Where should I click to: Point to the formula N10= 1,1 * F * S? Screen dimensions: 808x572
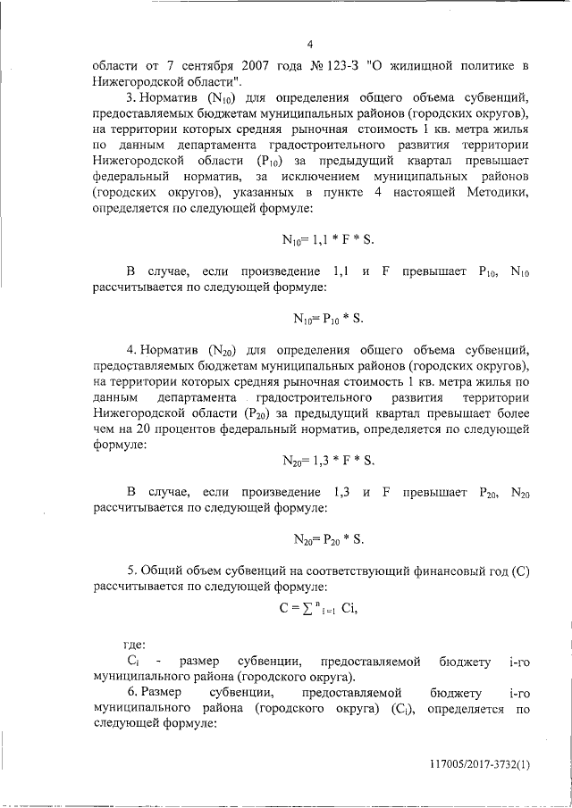[x=323, y=239]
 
